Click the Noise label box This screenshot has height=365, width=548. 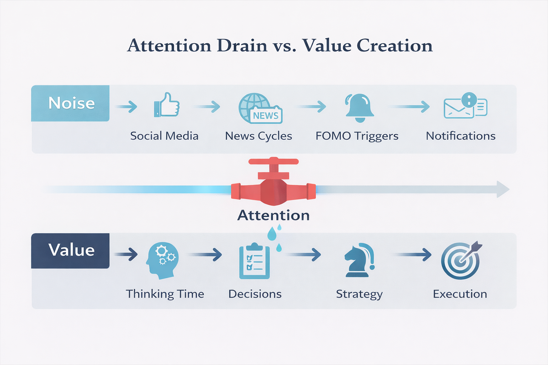[70, 103]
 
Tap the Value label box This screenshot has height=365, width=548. [70, 251]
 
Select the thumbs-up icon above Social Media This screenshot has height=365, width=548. [167, 104]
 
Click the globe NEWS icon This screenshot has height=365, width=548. [260, 108]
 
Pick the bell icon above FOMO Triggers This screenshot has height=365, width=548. [359, 108]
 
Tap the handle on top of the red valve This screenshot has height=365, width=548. [274, 162]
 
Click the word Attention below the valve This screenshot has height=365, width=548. [274, 215]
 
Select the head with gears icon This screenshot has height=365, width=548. [162, 261]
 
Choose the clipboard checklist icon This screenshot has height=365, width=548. [254, 261]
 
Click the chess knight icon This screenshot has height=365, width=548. [359, 260]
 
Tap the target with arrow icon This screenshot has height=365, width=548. [461, 260]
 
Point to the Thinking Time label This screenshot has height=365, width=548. [165, 294]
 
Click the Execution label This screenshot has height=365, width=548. [460, 294]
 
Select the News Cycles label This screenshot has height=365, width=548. [258, 136]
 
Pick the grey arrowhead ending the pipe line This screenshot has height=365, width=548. [503, 189]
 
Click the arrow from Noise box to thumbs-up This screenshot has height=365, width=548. [126, 107]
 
